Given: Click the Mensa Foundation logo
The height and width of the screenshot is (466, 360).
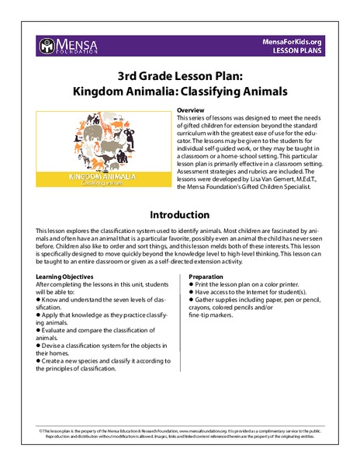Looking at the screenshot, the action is pyautogui.click(x=67, y=46).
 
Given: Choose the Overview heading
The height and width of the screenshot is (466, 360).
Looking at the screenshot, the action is pyautogui.click(x=193, y=111).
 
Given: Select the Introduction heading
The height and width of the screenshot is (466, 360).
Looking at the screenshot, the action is pyautogui.click(x=180, y=214).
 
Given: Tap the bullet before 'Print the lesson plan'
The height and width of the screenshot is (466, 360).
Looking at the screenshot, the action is pyautogui.click(x=192, y=285).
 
